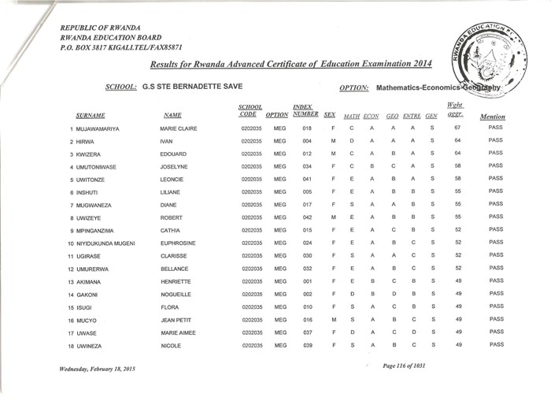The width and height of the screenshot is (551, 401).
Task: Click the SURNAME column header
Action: (x=91, y=116)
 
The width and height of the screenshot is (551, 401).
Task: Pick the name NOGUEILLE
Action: (x=177, y=293)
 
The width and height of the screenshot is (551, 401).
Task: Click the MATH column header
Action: (x=352, y=116)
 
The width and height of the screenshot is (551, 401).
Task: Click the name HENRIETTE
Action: (x=178, y=281)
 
